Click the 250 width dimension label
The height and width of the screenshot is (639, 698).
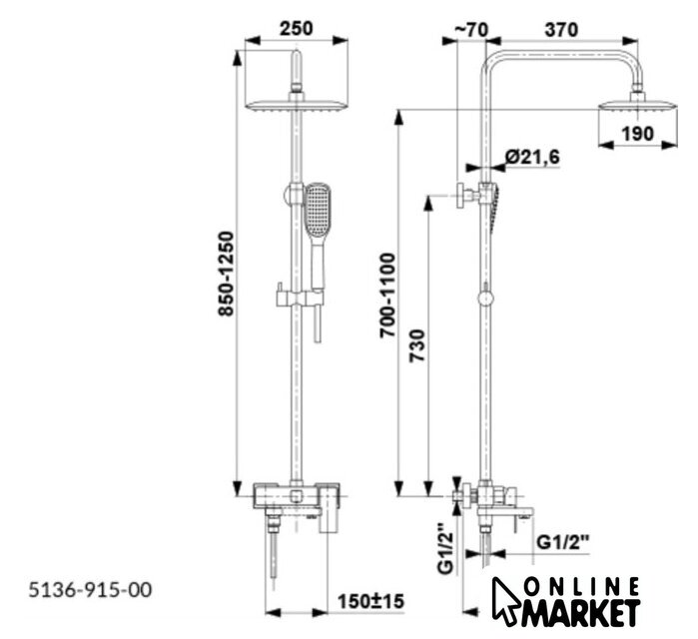(296, 28)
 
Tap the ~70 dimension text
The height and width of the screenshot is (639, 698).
(471, 30)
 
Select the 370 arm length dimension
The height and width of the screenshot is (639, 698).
(561, 30)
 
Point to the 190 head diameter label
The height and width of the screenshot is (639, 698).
(638, 134)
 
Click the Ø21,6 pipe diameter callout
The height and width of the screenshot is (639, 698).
(532, 157)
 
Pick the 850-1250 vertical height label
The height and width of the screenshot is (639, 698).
(226, 274)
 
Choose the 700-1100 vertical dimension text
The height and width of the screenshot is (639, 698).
(387, 296)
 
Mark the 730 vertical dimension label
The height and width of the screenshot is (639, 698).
(417, 345)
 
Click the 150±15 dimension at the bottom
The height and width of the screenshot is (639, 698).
(370, 602)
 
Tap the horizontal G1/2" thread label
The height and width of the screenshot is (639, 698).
(562, 542)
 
